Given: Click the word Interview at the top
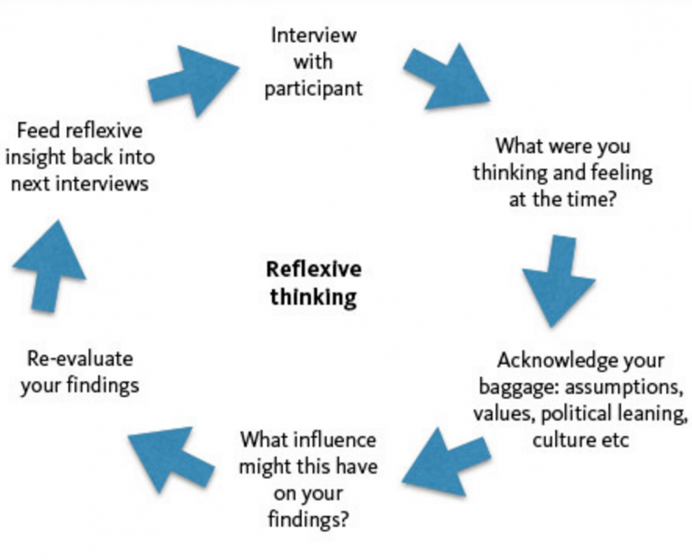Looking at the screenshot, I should pos(313,36).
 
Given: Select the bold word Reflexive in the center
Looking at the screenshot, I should pos(313,268).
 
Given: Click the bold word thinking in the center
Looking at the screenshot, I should pos(313,296).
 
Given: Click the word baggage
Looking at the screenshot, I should pos(510,390).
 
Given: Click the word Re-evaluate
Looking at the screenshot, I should pos(76,358).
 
